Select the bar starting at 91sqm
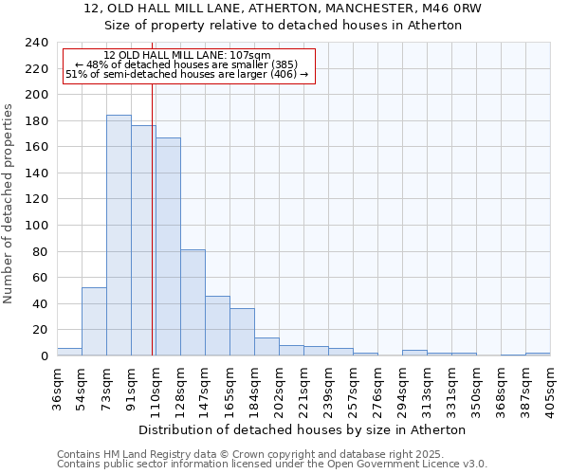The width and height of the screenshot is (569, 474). (x=143, y=241)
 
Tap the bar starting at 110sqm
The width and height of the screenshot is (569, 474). (x=168, y=246)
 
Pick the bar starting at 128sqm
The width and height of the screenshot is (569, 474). (x=193, y=302)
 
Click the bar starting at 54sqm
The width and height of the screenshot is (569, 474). (x=94, y=321)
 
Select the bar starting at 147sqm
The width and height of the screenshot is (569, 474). (x=217, y=326)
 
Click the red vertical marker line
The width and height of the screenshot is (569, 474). (x=152, y=209)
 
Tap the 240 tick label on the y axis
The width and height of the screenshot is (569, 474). (x=37, y=43)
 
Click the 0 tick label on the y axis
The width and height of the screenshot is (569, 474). (x=45, y=355)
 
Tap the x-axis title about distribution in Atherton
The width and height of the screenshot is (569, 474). (x=308, y=429)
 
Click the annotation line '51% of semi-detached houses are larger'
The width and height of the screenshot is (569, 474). (x=187, y=74)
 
